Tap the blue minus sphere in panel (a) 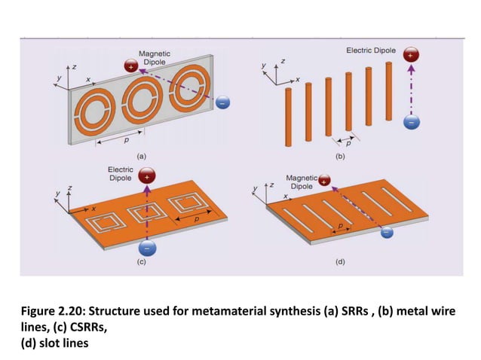(224, 102)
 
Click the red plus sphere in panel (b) (410, 56)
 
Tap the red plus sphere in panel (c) (147, 177)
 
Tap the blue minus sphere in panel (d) (388, 232)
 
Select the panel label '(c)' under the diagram (140, 262)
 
